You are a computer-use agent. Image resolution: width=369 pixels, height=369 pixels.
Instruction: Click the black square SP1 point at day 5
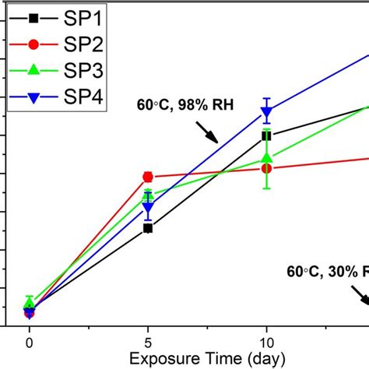click(148, 228)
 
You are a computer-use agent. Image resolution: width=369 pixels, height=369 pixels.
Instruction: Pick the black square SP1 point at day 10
click(267, 135)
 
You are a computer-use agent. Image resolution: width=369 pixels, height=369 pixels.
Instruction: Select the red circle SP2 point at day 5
click(148, 177)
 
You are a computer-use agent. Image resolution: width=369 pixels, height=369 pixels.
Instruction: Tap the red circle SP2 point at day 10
click(267, 168)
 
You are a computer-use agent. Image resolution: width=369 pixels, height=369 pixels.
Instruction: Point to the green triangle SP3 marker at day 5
click(148, 196)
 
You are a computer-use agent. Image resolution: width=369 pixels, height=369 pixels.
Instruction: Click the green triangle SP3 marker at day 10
click(267, 159)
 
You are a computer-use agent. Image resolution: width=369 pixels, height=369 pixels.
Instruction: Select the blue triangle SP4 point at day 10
click(267, 112)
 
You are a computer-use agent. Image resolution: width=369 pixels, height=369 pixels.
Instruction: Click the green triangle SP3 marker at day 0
click(30, 302)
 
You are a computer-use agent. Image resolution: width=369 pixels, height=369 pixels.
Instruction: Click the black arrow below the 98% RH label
click(206, 132)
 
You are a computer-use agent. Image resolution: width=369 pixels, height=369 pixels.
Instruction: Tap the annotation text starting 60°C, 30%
click(327, 272)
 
